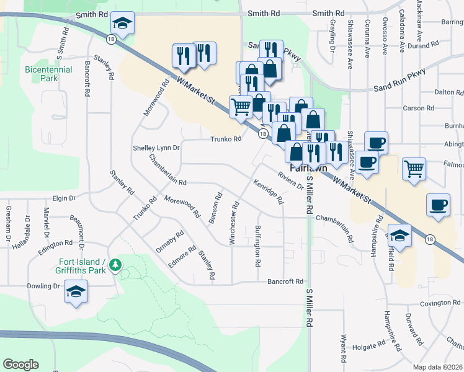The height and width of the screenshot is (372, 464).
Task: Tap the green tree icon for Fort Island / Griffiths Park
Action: click(115, 265)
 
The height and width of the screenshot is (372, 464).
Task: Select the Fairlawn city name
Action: click(308, 168)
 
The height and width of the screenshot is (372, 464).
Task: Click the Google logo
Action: click(20, 365)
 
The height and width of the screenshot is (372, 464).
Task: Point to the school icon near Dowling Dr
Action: click(76, 291)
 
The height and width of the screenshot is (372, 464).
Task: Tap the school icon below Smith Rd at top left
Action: click(122, 24)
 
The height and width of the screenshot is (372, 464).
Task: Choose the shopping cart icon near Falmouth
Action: click(414, 167)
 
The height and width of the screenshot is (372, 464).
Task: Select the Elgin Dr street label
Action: click(63, 198)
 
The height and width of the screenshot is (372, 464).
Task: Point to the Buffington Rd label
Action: click(257, 246)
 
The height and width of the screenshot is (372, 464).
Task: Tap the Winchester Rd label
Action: click(234, 223)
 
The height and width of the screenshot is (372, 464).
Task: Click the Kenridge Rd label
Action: click(268, 192)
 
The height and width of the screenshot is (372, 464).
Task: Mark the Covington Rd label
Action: click(440, 303)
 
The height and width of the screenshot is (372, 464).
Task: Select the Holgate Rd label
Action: click(370, 347)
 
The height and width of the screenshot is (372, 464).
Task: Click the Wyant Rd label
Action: click(342, 348)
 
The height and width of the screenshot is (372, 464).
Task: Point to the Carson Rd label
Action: click(414, 108)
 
